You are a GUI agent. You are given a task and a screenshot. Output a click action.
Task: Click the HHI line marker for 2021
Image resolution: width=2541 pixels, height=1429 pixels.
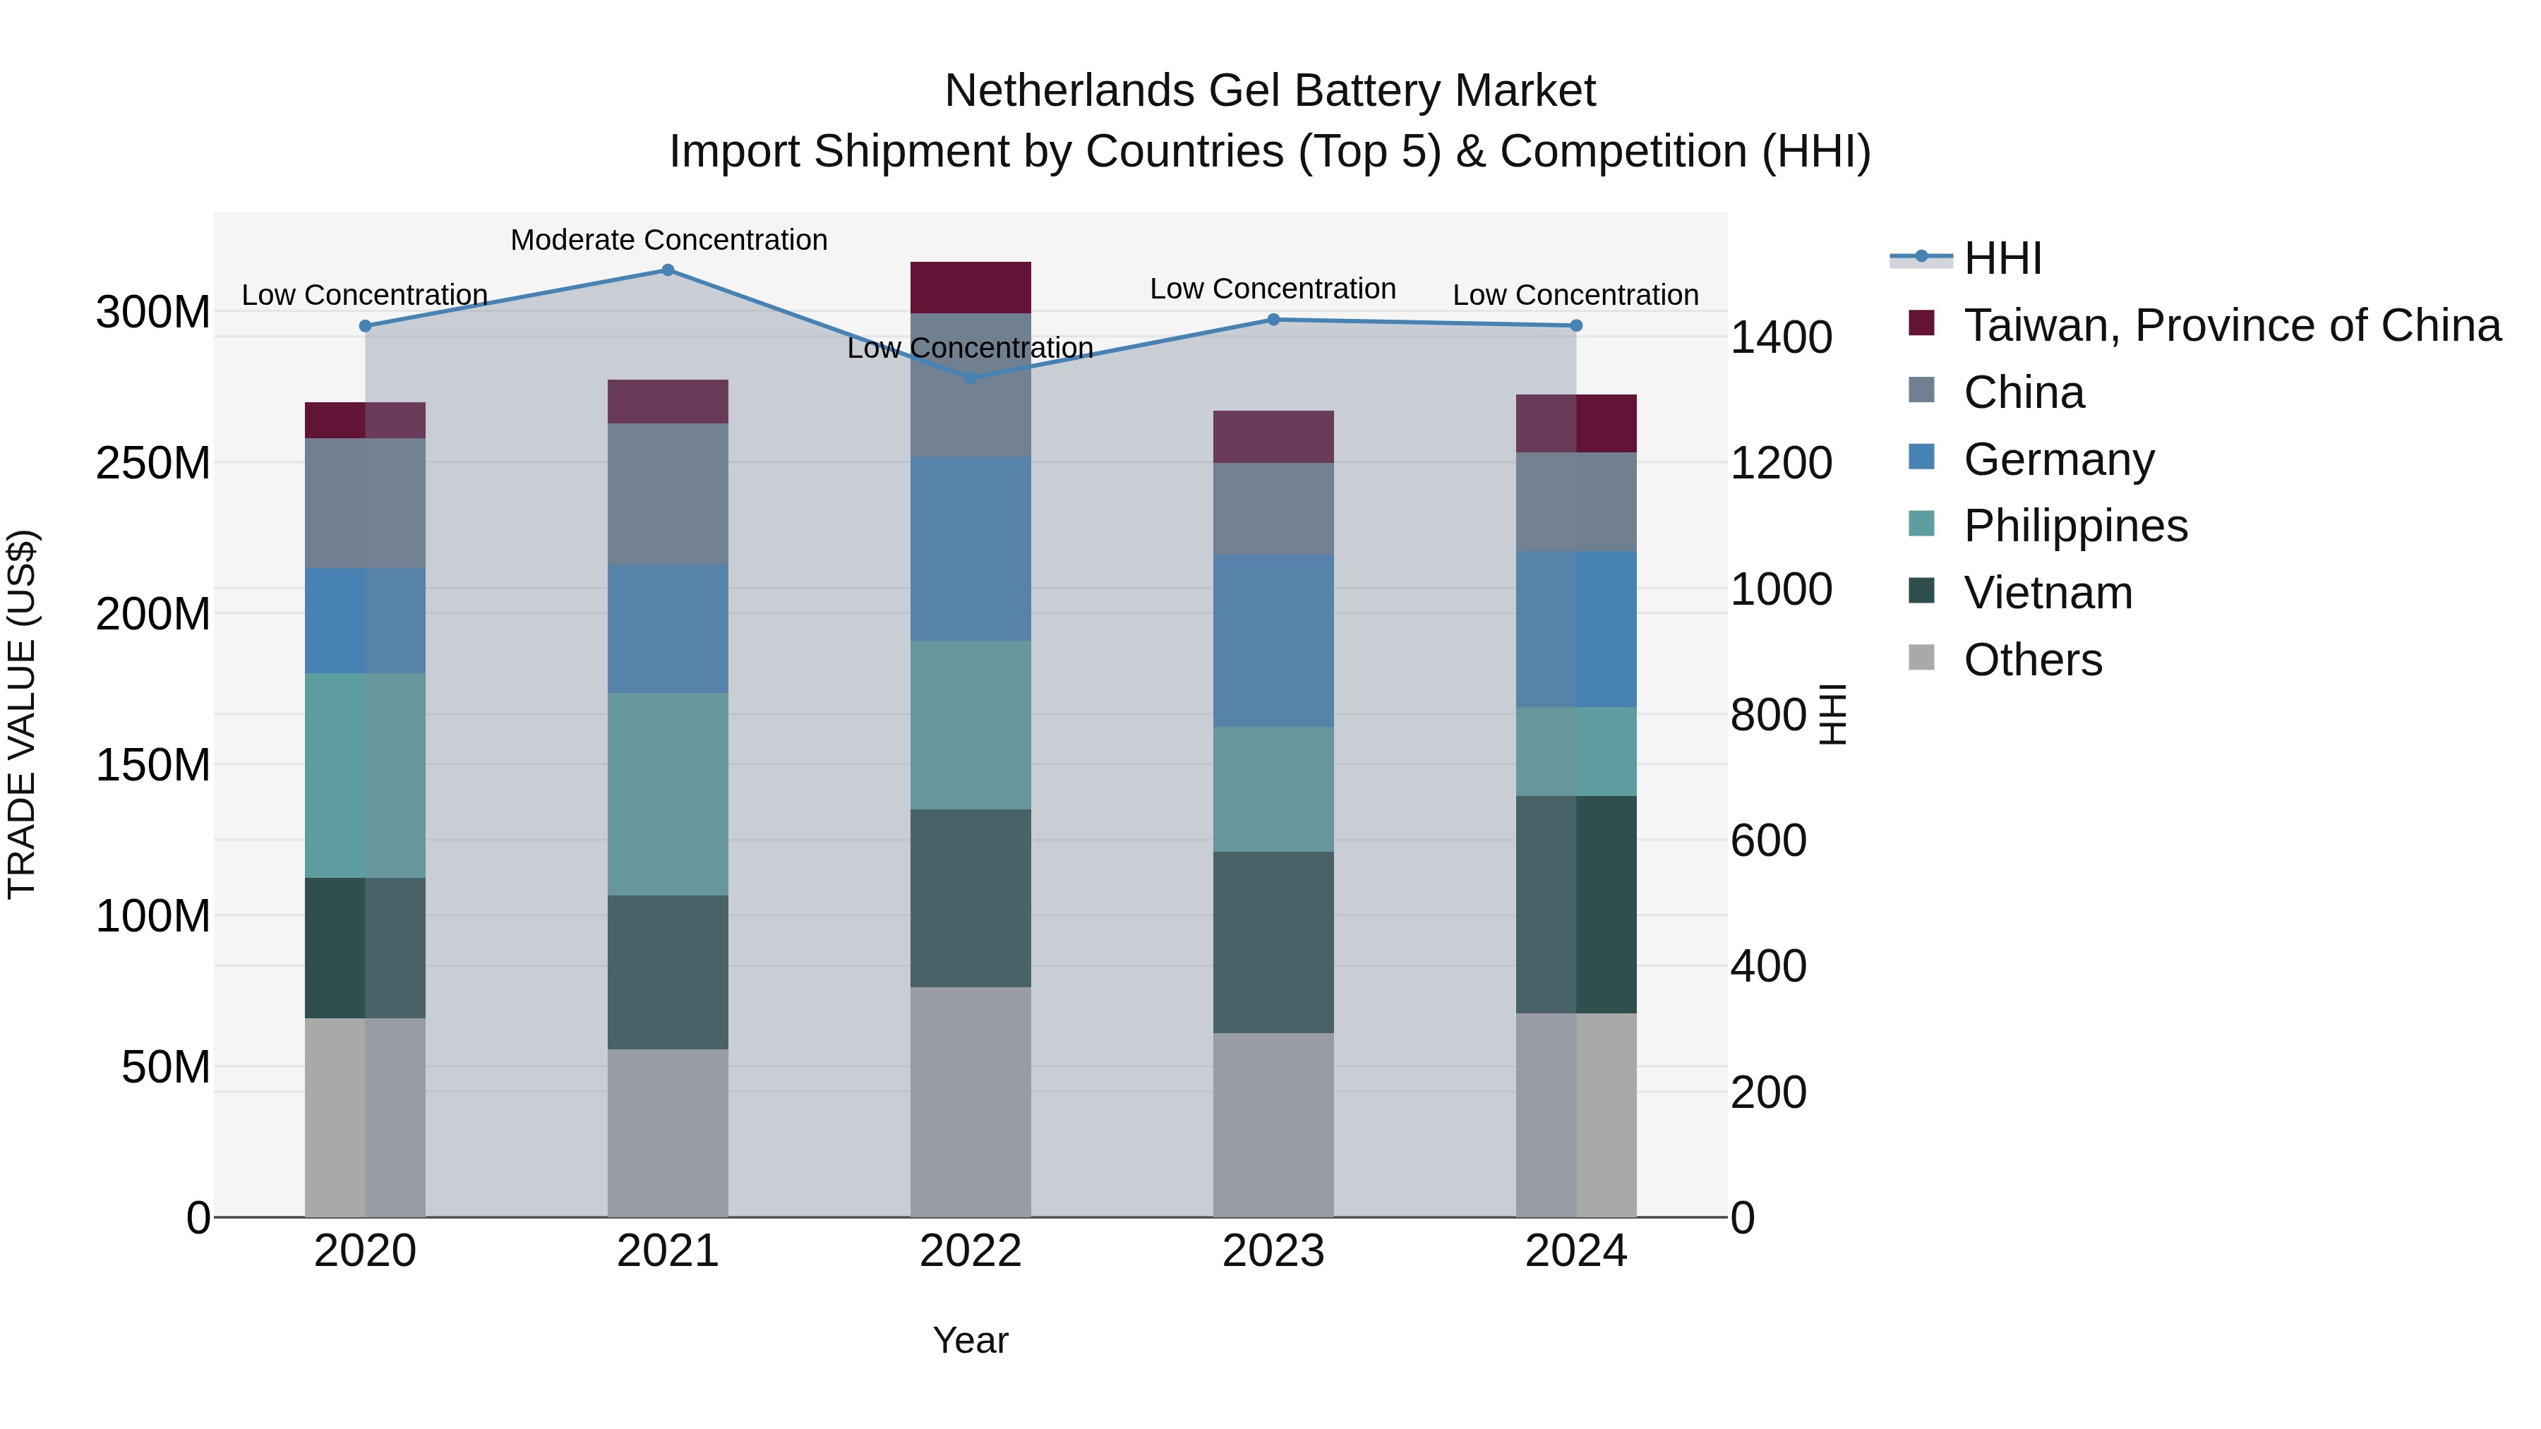pos(668,270)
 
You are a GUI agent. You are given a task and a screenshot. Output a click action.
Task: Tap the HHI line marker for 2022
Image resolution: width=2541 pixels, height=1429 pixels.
pos(971,378)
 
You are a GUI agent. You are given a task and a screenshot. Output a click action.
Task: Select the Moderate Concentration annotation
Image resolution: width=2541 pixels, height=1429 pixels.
pos(669,240)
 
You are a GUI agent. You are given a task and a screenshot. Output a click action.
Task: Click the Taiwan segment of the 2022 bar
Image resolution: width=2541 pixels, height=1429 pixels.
pos(971,288)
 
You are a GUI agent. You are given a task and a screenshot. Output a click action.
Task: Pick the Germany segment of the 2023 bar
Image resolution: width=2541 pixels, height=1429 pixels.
pos(1273,640)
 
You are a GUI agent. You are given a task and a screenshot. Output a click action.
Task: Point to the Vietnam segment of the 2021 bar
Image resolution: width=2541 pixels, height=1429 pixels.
pos(668,972)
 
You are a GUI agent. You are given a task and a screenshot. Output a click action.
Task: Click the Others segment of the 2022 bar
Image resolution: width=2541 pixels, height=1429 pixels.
pos(971,1102)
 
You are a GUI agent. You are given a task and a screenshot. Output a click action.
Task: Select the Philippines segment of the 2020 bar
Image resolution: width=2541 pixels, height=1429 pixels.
pos(365,775)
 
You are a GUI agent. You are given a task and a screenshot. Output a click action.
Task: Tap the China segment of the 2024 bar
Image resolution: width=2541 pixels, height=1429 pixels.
pos(1575,501)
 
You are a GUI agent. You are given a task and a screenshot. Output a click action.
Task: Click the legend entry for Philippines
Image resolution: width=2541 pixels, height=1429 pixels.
pos(2075,526)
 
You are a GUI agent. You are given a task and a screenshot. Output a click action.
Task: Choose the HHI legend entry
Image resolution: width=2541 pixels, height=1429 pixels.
pos(2002,258)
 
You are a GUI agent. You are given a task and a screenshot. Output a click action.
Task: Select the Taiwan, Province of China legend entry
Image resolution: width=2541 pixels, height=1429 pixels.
pos(2231,325)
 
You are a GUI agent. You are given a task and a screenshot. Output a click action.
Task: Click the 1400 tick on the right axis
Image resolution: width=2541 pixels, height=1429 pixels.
pos(1781,337)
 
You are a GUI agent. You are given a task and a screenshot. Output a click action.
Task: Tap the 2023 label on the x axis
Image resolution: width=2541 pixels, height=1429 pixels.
pos(1273,1251)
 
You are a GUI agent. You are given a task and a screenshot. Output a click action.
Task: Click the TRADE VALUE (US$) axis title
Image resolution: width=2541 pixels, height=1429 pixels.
pos(22,714)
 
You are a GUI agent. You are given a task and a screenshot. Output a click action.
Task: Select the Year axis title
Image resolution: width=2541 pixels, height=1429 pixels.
pos(971,1340)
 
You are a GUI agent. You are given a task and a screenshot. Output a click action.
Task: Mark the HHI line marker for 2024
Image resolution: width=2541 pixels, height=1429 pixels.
pos(1575,325)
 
